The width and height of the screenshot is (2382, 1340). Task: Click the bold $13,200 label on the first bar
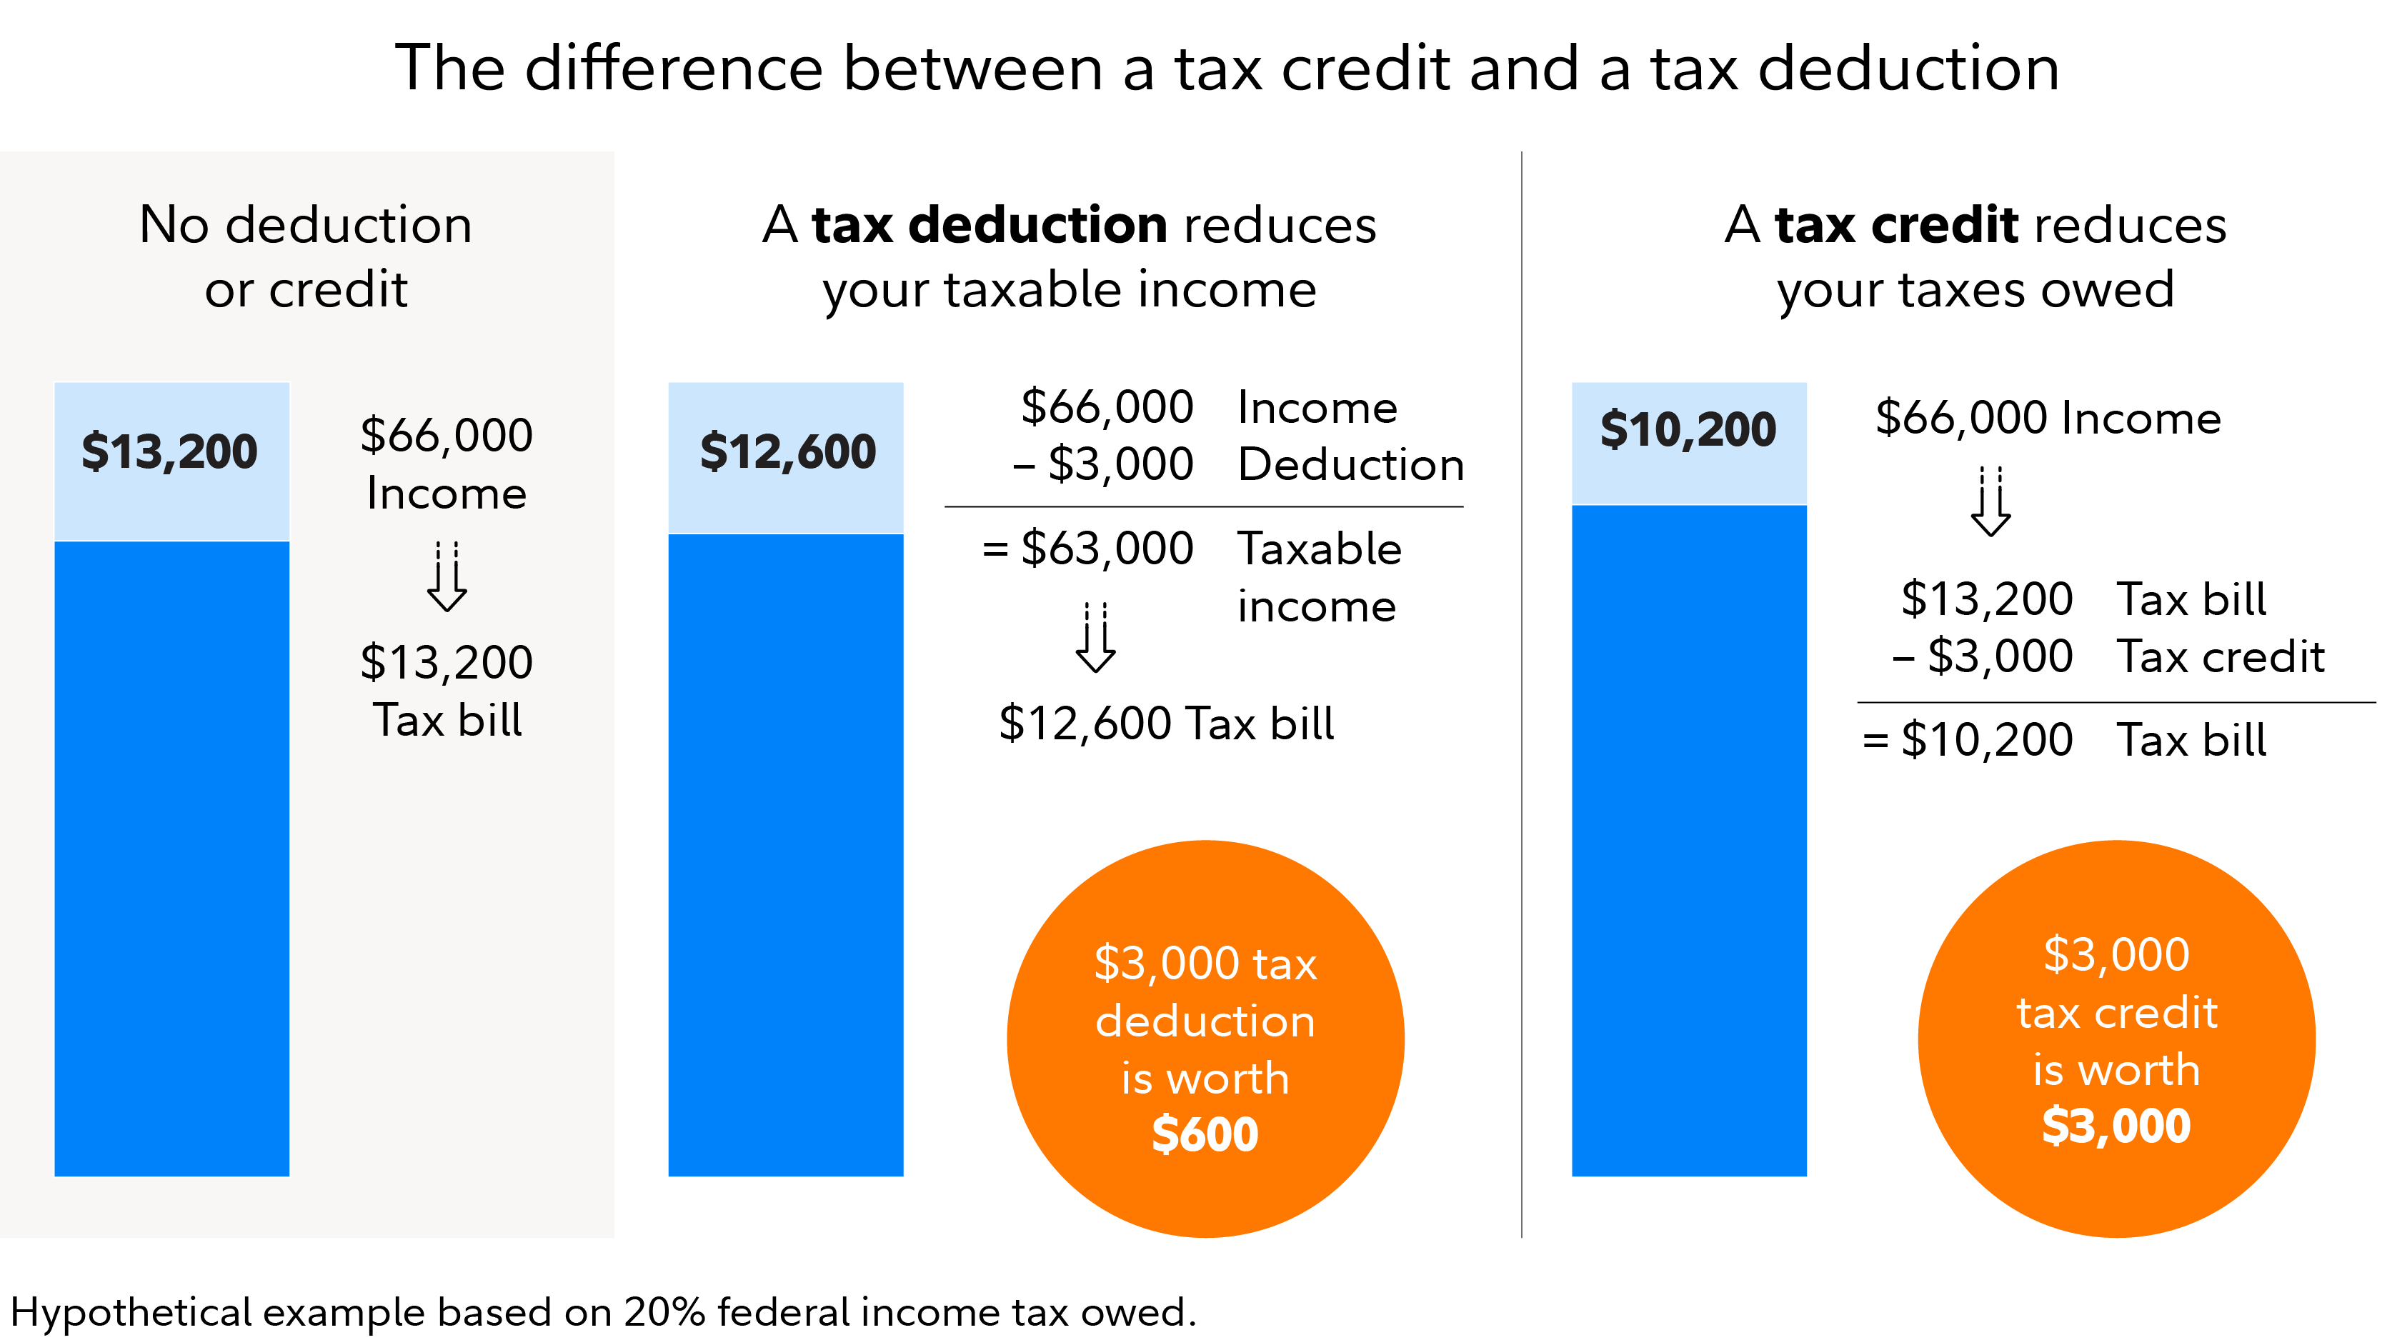(x=169, y=452)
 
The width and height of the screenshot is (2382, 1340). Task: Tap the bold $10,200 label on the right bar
(x=1688, y=430)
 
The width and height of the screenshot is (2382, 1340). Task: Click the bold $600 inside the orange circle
(x=1205, y=1135)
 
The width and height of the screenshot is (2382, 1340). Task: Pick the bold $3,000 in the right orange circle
(x=2116, y=1126)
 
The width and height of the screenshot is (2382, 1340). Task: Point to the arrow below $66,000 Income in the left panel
(x=447, y=577)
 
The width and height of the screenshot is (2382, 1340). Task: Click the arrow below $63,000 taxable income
(x=1096, y=638)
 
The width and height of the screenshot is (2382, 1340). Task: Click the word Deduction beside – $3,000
(x=1351, y=465)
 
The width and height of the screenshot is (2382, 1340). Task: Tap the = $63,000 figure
(x=1088, y=549)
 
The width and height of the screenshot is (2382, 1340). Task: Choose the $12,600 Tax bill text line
(x=1166, y=723)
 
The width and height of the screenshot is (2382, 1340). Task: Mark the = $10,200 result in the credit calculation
(x=1968, y=740)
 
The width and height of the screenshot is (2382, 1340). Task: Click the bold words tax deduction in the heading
(x=990, y=226)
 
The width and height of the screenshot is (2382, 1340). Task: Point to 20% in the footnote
(x=663, y=1312)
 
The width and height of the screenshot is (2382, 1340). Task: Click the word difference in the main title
(x=674, y=69)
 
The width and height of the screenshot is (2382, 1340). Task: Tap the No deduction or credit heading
(x=306, y=257)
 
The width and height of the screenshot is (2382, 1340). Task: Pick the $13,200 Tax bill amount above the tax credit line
(x=1986, y=599)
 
